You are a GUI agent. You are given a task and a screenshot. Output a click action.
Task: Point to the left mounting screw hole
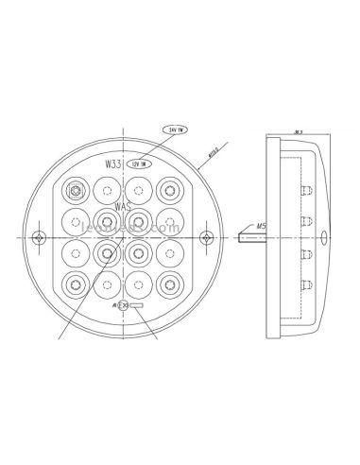click(x=39, y=235)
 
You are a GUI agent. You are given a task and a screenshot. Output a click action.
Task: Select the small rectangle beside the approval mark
click(x=137, y=307)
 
